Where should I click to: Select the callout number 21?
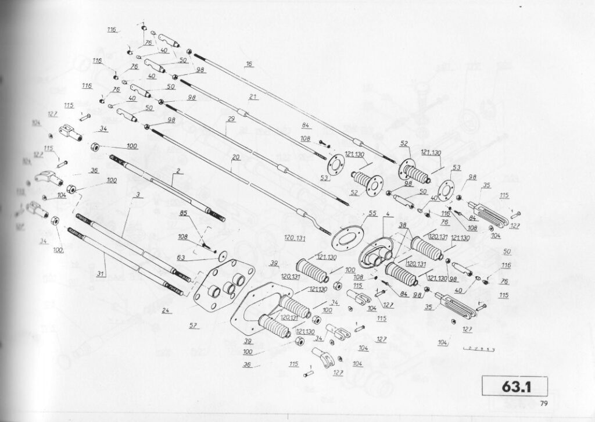pyautogui.click(x=253, y=96)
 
